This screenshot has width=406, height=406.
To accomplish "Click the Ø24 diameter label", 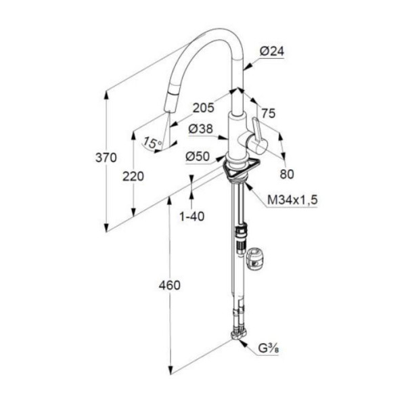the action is [x=272, y=51].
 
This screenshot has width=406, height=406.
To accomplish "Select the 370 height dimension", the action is [x=106, y=158].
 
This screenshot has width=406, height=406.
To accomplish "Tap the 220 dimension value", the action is [x=133, y=177].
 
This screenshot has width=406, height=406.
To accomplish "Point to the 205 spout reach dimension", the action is [x=204, y=108].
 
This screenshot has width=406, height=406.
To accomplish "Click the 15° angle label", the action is [x=153, y=142].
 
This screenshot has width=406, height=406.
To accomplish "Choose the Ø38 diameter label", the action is [x=201, y=129].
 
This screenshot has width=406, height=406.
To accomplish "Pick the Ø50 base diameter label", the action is [x=198, y=156].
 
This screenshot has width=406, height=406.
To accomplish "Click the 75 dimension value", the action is [x=269, y=113].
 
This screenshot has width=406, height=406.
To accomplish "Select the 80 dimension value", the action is [x=287, y=174].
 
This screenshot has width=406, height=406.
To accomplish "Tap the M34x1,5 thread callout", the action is [x=292, y=200].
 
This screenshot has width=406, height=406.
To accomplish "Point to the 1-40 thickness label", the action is [x=192, y=217].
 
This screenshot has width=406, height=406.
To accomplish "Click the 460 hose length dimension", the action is [x=170, y=285].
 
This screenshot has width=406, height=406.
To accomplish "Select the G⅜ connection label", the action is [x=269, y=348].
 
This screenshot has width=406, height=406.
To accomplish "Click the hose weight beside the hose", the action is [x=254, y=259].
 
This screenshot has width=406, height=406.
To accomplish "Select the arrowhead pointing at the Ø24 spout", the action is [x=247, y=67].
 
